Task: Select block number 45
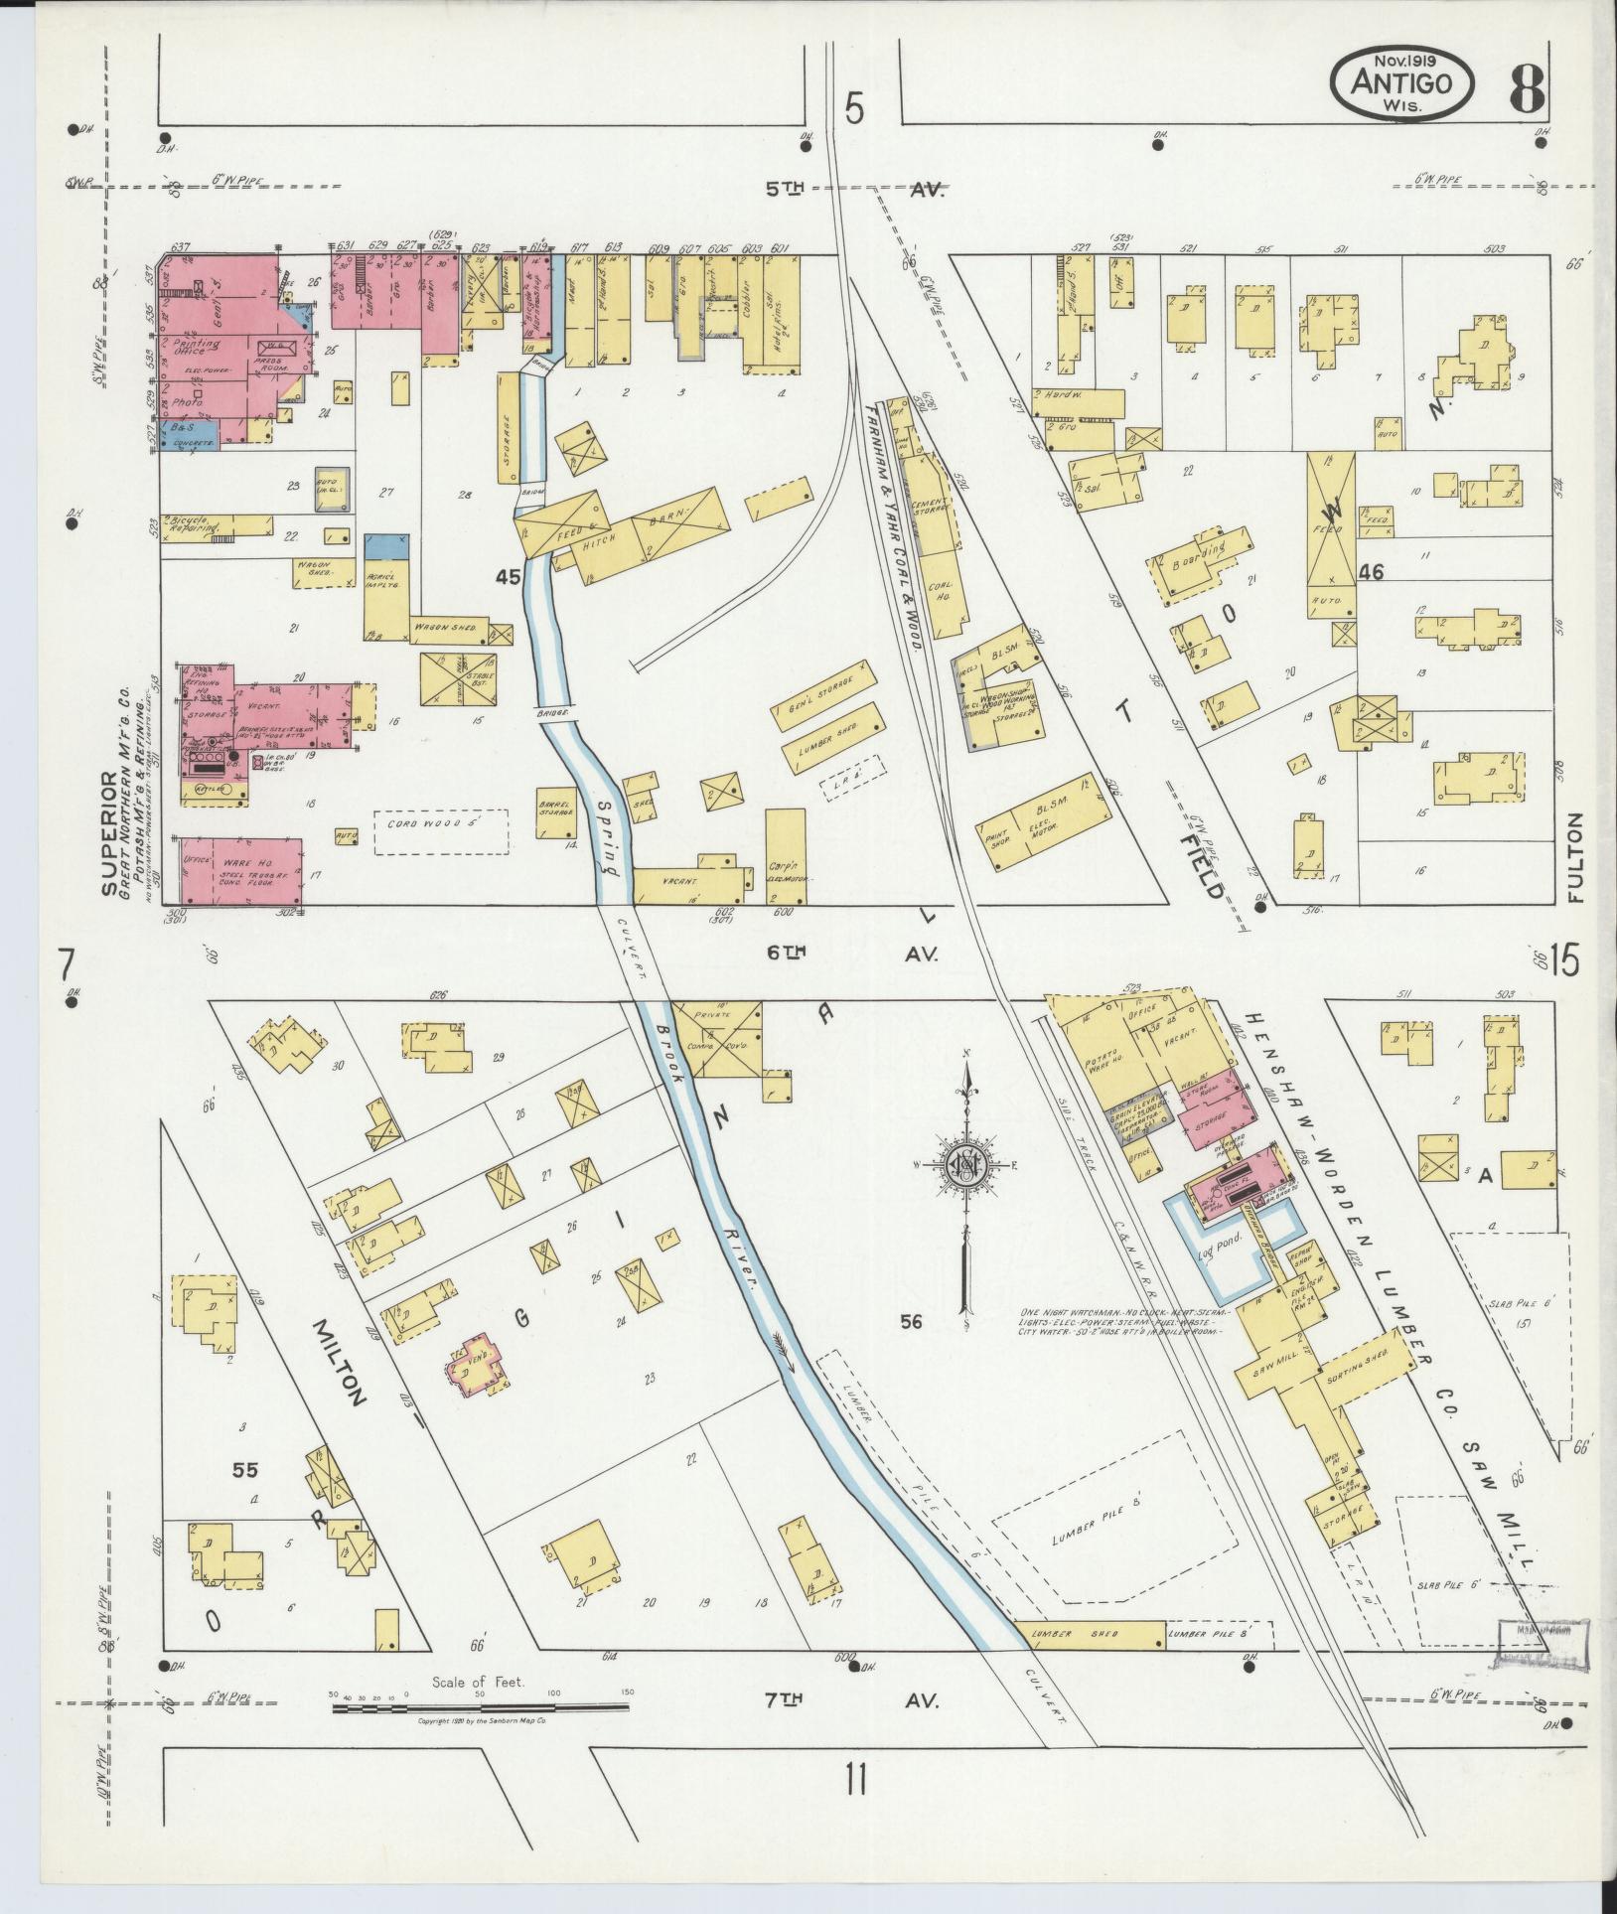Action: click(508, 576)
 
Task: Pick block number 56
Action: click(912, 1320)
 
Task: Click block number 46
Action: click(1374, 573)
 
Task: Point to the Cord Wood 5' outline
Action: click(440, 831)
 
